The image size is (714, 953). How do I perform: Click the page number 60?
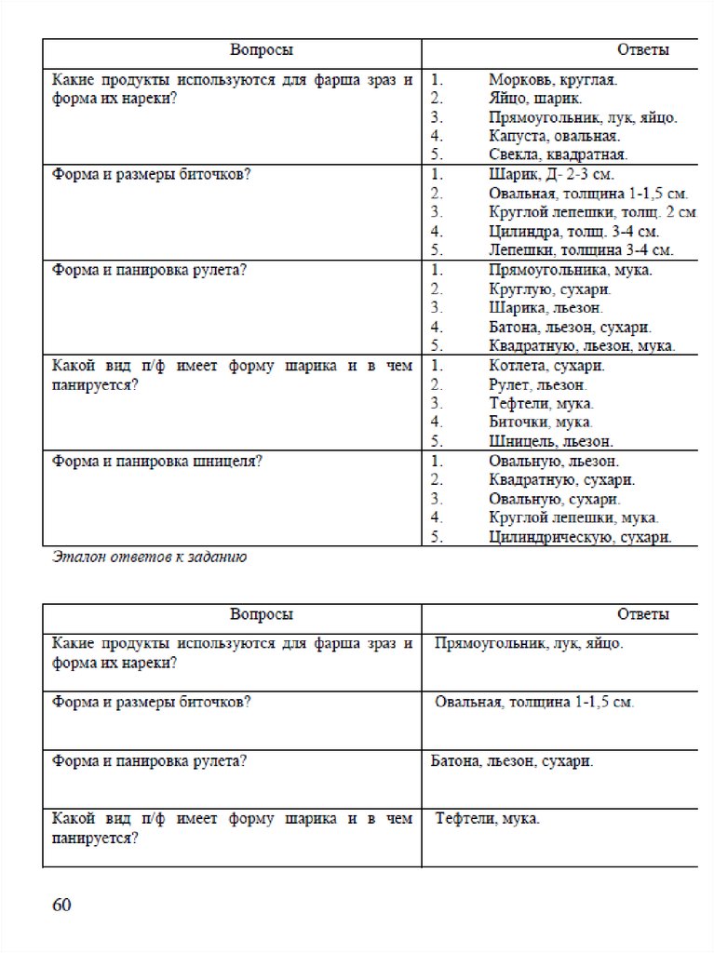tap(61, 906)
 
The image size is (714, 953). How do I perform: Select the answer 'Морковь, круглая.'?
tap(552, 81)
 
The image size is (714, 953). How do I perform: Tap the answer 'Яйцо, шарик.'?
tap(536, 99)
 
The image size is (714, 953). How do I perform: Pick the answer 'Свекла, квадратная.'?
tap(558, 154)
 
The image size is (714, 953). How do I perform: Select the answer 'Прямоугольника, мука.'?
tap(570, 271)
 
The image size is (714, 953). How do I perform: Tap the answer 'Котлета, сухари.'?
tap(546, 366)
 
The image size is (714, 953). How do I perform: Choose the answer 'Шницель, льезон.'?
tap(550, 441)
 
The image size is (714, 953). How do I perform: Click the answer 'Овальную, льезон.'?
tap(554, 461)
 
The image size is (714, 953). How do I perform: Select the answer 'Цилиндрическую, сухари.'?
tap(580, 537)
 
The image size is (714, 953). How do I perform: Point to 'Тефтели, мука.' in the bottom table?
tap(488, 818)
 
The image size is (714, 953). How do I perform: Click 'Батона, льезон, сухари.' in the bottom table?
tap(512, 761)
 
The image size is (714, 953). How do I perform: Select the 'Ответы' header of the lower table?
tap(642, 614)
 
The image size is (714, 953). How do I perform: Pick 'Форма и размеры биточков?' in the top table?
tap(151, 175)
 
